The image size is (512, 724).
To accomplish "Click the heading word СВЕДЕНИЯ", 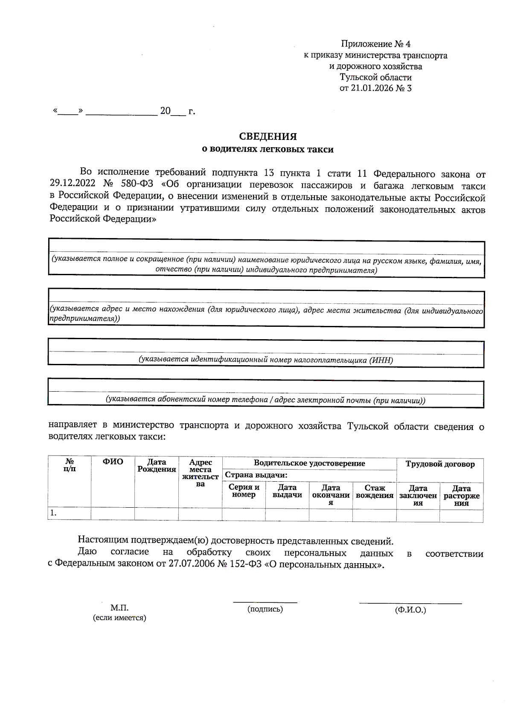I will coord(268,137).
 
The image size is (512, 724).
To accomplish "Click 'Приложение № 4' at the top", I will coord(375,44).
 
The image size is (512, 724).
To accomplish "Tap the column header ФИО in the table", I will coord(113,462).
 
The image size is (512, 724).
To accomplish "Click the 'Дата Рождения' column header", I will coord(157,465).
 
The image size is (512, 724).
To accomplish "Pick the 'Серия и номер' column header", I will coord(244,491).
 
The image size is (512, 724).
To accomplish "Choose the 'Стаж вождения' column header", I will coord(374,491).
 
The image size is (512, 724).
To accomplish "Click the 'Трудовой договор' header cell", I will coord(440,464).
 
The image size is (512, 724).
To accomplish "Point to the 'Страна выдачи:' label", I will coord(256,475).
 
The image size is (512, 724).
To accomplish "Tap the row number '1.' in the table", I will coord(53,513).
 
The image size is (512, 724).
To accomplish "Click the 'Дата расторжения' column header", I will coord(461,496).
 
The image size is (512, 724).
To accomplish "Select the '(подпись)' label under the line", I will coord(265,609).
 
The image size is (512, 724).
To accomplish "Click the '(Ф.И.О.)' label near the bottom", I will coord(410,610).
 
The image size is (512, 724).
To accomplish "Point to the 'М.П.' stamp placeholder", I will coord(119,608).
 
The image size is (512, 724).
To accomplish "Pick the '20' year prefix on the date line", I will coord(165,111).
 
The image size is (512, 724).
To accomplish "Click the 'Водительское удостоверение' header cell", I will coord(309,463).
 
